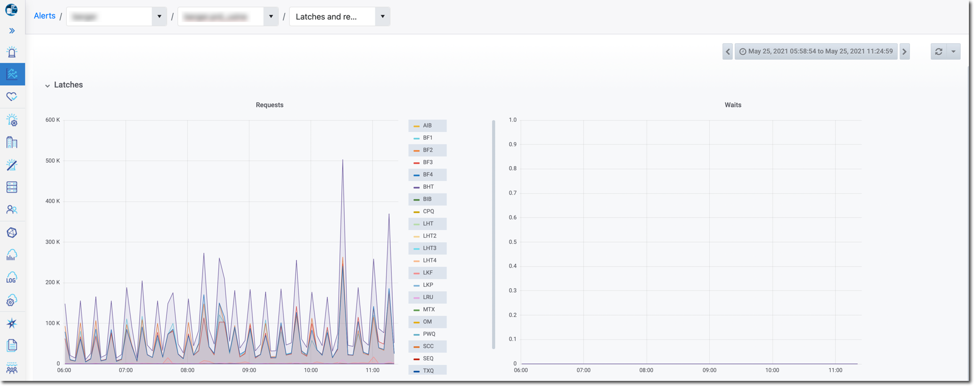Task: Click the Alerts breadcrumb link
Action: coord(44,16)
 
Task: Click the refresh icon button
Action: coord(938,51)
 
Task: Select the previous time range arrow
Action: coord(728,51)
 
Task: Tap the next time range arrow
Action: coord(905,51)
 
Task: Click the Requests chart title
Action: coord(269,105)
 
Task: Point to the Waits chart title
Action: coord(733,105)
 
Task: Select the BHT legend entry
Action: coord(428,187)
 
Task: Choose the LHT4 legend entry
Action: coord(429,260)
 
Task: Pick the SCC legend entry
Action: coord(428,346)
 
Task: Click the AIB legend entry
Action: coord(427,126)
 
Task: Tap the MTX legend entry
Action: coord(428,309)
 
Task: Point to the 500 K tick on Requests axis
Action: coord(53,160)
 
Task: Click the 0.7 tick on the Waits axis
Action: coord(512,193)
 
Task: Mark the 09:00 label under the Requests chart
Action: coord(249,370)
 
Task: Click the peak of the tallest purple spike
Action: coord(343,160)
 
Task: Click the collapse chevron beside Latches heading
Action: coord(47,85)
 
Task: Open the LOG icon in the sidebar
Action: coord(12,278)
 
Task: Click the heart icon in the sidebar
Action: coord(12,96)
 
